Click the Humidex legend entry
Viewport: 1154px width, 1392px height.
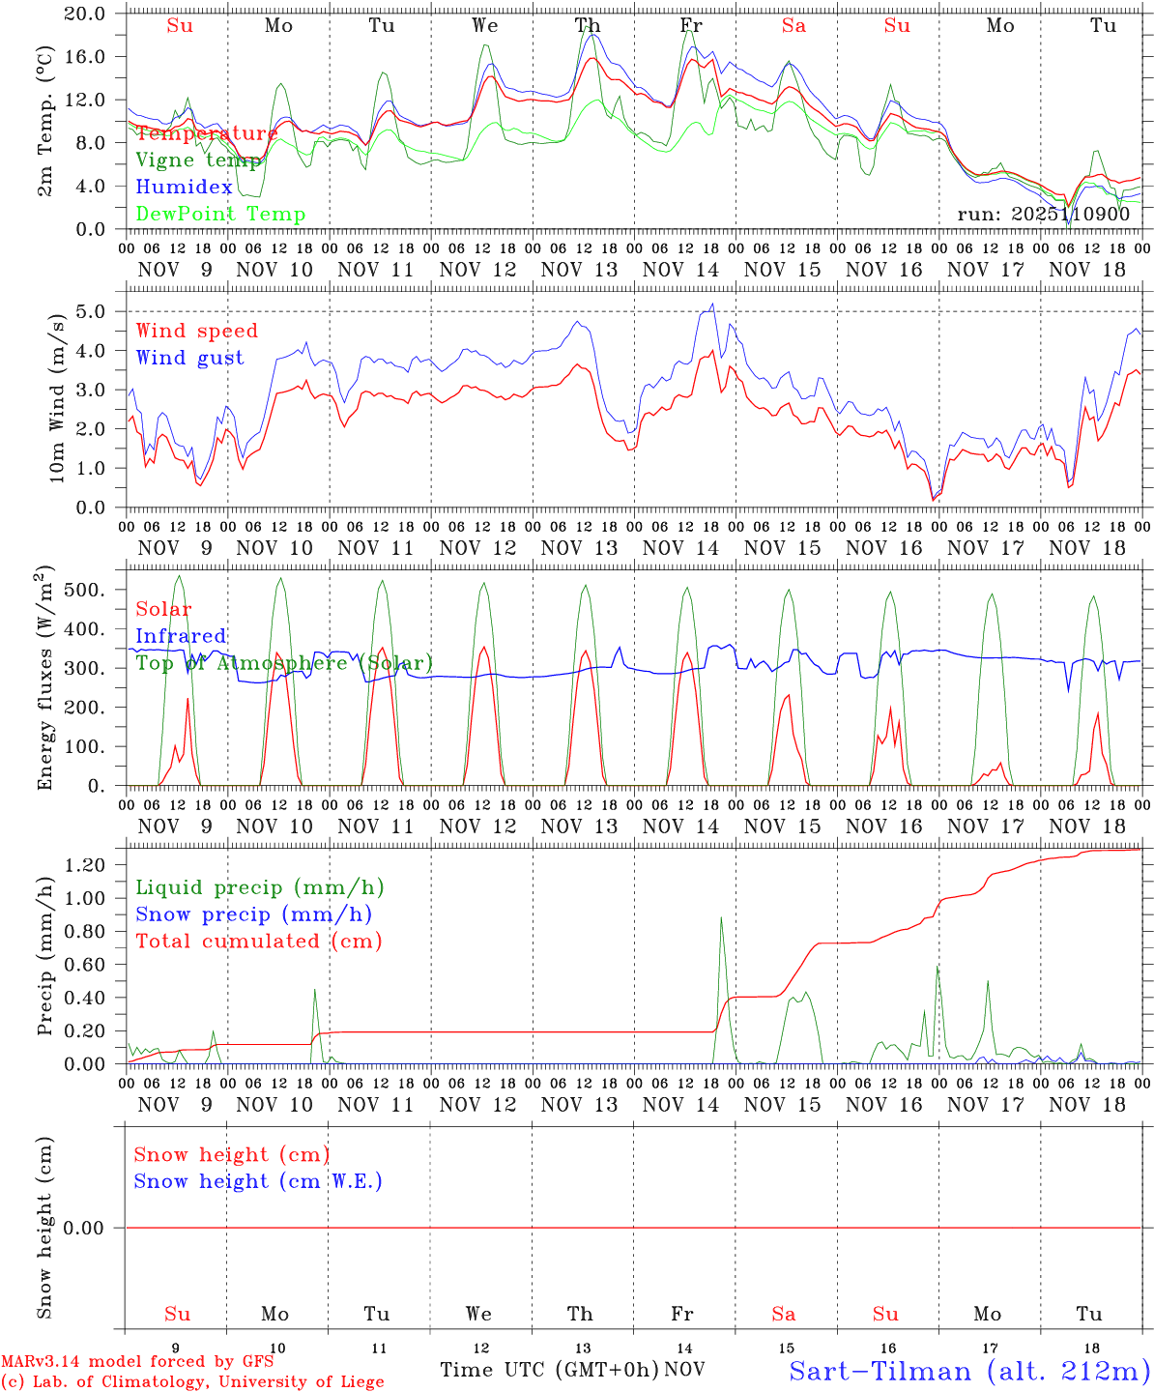coord(184,187)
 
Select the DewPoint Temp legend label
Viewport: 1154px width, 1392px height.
coord(220,214)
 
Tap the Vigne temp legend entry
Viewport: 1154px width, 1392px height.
coord(198,159)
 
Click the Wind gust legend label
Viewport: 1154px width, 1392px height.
coord(189,358)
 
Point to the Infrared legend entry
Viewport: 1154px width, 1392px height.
coord(181,635)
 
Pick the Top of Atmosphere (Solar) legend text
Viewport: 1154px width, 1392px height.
coord(284,662)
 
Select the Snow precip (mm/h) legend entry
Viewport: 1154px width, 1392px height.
coord(253,913)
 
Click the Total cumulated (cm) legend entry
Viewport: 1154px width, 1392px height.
coord(258,941)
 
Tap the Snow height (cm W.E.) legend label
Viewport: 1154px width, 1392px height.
coord(258,1180)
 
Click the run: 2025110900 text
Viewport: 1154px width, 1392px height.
coord(1043,214)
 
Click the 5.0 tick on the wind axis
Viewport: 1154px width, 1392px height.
coord(95,311)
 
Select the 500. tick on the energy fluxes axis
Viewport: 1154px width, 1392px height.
coord(86,590)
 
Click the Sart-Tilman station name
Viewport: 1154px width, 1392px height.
coord(968,1371)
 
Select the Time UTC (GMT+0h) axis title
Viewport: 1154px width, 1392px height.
coord(550,1369)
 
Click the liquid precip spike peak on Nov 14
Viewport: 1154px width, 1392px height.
coord(721,917)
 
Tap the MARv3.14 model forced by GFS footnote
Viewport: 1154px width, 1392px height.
coord(137,1361)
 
